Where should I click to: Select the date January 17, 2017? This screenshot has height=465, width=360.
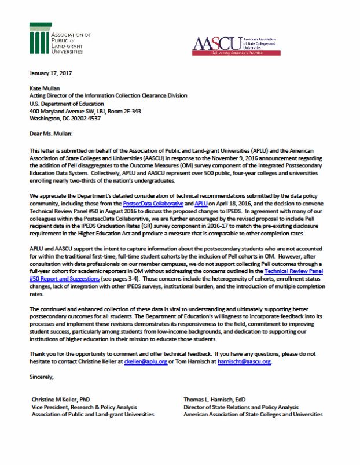pyautogui.click(x=50, y=73)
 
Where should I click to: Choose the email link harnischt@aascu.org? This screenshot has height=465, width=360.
pyautogui.click(x=244, y=361)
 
